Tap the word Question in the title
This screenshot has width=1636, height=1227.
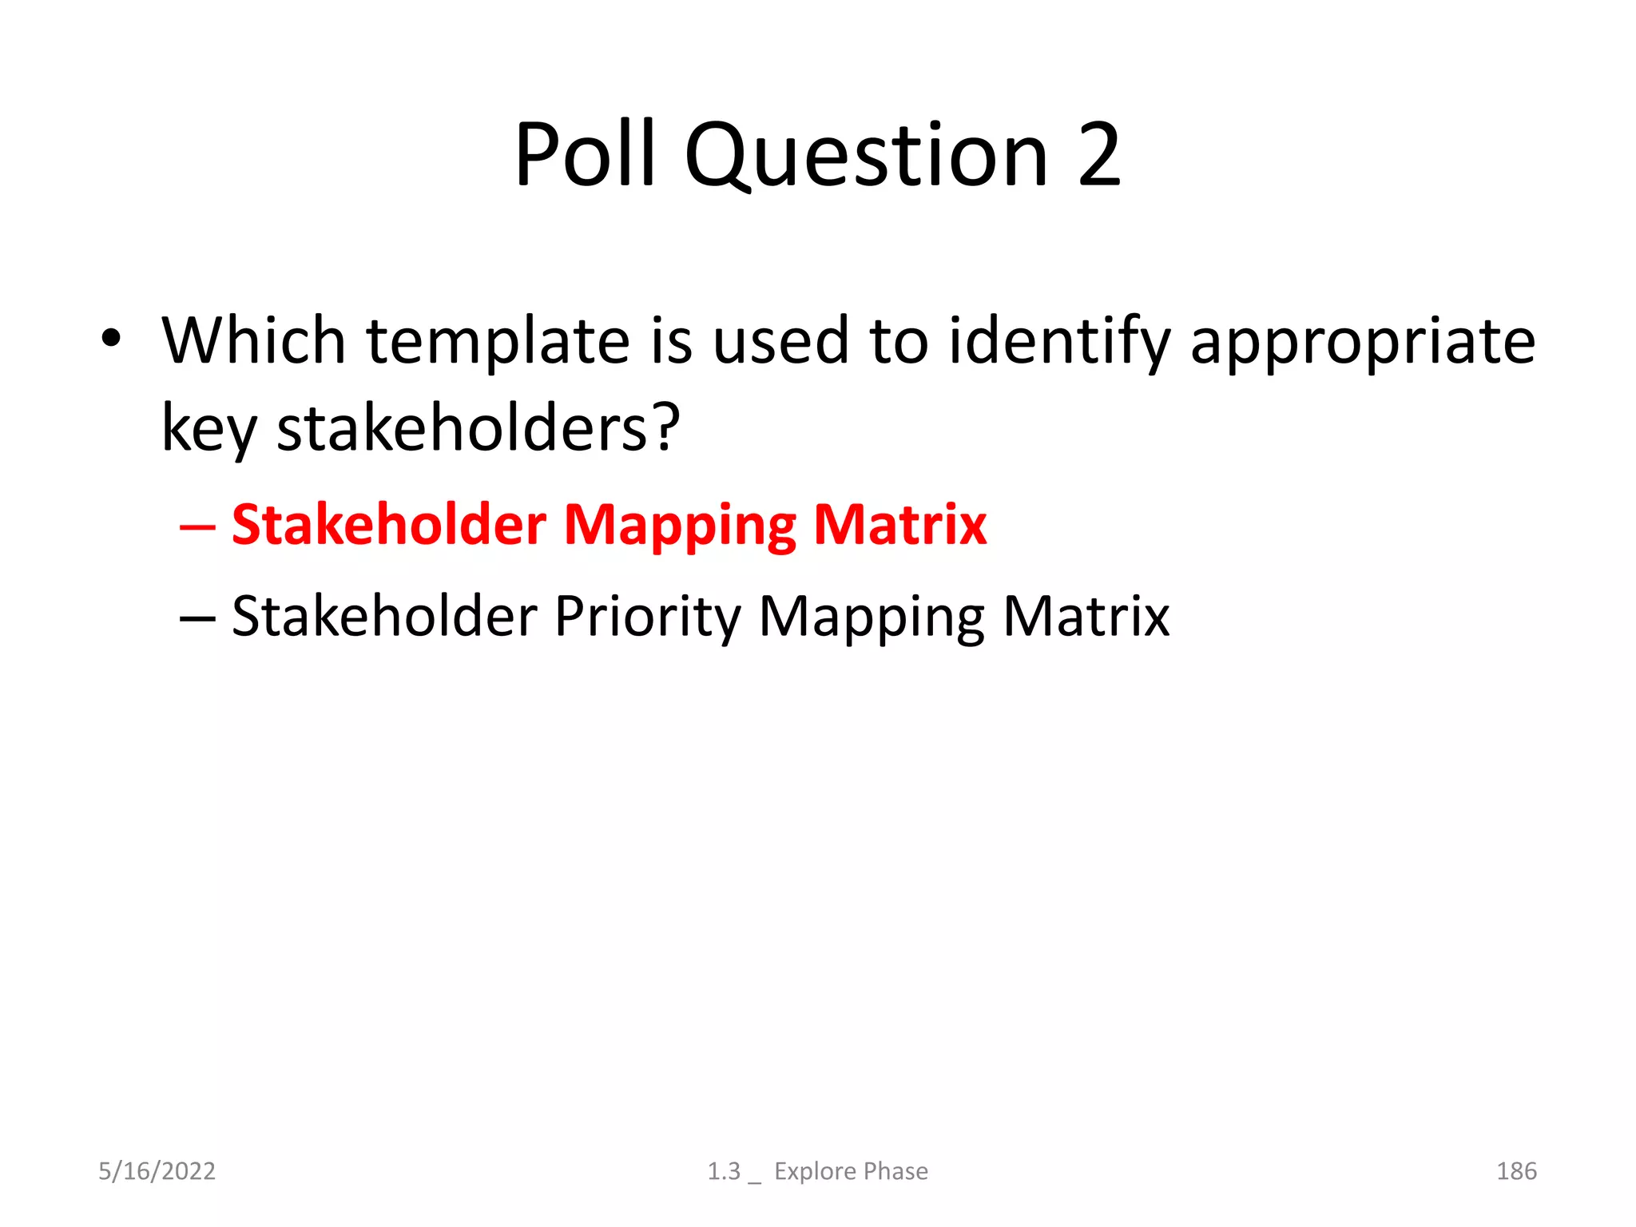(x=866, y=156)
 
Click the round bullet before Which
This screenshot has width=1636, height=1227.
(x=111, y=340)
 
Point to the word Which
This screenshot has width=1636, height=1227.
(x=253, y=341)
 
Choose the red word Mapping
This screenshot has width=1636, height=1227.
(x=680, y=527)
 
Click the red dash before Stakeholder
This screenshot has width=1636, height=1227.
(x=197, y=527)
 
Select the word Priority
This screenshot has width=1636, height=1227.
(x=648, y=617)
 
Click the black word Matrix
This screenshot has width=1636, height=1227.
(x=1086, y=616)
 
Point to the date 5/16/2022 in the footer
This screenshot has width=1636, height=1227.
(x=157, y=1171)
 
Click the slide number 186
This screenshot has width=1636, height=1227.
(x=1516, y=1171)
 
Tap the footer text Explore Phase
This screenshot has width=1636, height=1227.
(x=851, y=1171)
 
